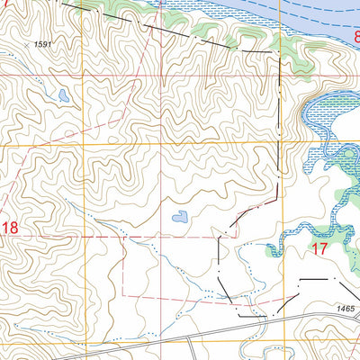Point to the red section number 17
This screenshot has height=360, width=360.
pos(319,247)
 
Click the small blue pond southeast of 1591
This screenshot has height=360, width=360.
pos(61,94)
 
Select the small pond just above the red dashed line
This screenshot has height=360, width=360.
pos(180,217)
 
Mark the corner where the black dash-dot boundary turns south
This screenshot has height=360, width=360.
pos(280,59)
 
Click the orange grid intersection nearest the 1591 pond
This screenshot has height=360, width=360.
pos(88,144)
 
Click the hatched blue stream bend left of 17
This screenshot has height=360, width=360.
pos(286,236)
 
